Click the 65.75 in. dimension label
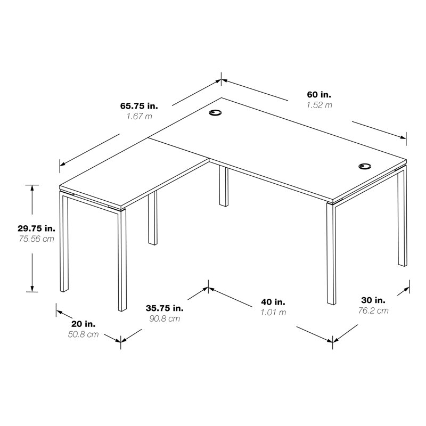(x=139, y=105)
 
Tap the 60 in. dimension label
(x=319, y=95)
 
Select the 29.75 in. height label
(x=36, y=228)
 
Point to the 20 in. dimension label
(x=84, y=324)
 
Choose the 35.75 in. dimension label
(x=165, y=308)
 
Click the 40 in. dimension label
(x=273, y=302)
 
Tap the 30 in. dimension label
(x=373, y=300)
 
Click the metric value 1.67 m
(x=139, y=116)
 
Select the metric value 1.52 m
(x=319, y=105)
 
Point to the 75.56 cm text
(x=36, y=239)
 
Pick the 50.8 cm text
(x=83, y=334)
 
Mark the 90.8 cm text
(x=165, y=318)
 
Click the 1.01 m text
(x=273, y=313)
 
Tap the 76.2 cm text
(x=373, y=310)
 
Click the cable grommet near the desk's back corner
(x=215, y=112)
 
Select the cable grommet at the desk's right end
(x=365, y=166)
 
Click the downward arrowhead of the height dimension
(x=32, y=288)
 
